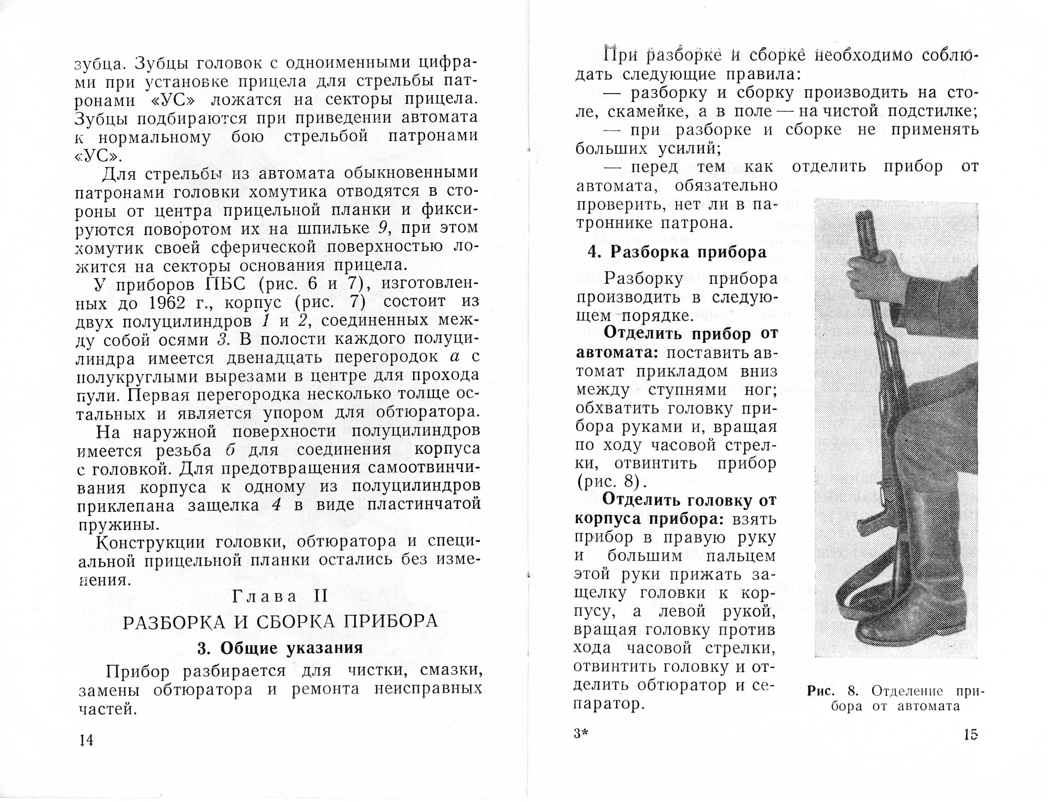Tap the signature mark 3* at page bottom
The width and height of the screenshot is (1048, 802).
(582, 734)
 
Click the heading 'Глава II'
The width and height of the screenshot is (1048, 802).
(280, 597)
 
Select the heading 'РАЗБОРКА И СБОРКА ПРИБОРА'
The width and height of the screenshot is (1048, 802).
(280, 622)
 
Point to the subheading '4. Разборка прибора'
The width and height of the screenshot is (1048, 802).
(678, 252)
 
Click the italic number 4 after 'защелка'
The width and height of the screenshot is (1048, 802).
(276, 505)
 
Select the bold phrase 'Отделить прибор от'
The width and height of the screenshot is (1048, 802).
(691, 334)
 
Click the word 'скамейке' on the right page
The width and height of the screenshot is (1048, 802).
(644, 111)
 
